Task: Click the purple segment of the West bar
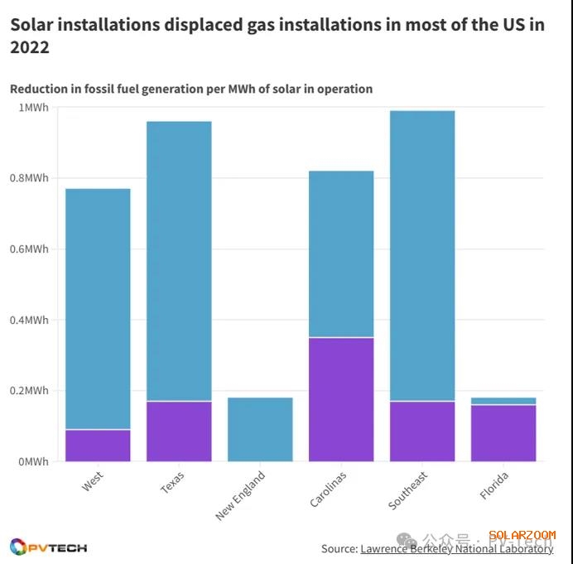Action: (98, 446)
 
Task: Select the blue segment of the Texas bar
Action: (179, 261)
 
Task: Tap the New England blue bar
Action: (260, 429)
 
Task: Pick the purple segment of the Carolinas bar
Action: (341, 399)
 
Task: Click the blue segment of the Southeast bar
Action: (422, 256)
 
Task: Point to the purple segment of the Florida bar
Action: (503, 433)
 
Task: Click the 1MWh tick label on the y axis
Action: (33, 108)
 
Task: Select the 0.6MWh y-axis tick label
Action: (28, 249)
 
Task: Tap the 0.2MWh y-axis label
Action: (28, 391)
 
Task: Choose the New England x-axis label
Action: (240, 496)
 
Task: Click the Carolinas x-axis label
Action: (329, 489)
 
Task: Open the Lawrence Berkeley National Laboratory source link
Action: (456, 548)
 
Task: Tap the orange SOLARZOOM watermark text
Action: (522, 536)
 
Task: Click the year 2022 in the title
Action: (30, 48)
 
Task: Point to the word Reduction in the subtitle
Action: (38, 89)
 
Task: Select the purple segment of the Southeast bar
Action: (422, 431)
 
